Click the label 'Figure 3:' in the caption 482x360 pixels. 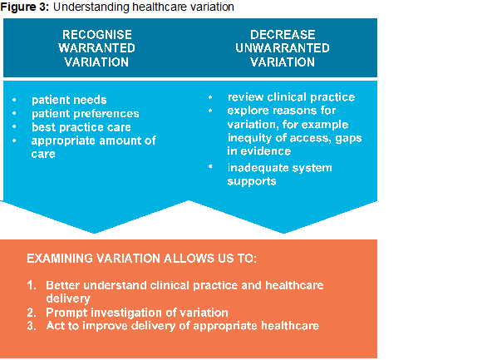25,7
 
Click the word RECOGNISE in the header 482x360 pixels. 97,35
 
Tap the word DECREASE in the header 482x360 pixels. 283,35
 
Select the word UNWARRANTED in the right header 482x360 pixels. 283,48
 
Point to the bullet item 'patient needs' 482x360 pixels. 69,100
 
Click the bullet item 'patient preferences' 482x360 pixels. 86,114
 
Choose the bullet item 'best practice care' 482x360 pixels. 81,127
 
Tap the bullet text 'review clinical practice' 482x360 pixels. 292,97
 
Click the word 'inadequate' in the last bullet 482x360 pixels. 258,168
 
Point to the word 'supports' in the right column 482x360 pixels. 252,182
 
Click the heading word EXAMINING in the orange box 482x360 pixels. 60,259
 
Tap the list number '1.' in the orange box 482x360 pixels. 32,285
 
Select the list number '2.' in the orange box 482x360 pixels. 32,313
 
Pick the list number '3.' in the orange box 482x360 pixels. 32,326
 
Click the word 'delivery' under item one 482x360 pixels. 68,298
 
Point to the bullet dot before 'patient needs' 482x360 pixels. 14,100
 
